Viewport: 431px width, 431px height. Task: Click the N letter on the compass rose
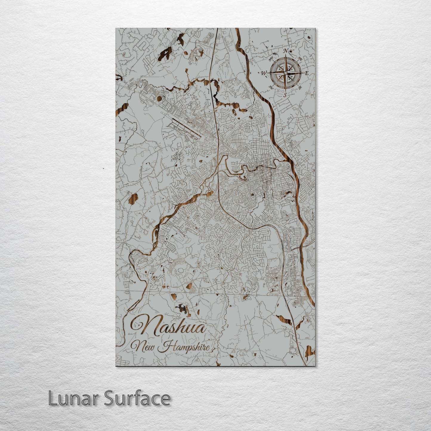pyautogui.click(x=286, y=51)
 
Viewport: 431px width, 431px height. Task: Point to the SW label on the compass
pyautogui.click(x=271, y=87)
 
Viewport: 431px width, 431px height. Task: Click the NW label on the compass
pyautogui.click(x=271, y=59)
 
